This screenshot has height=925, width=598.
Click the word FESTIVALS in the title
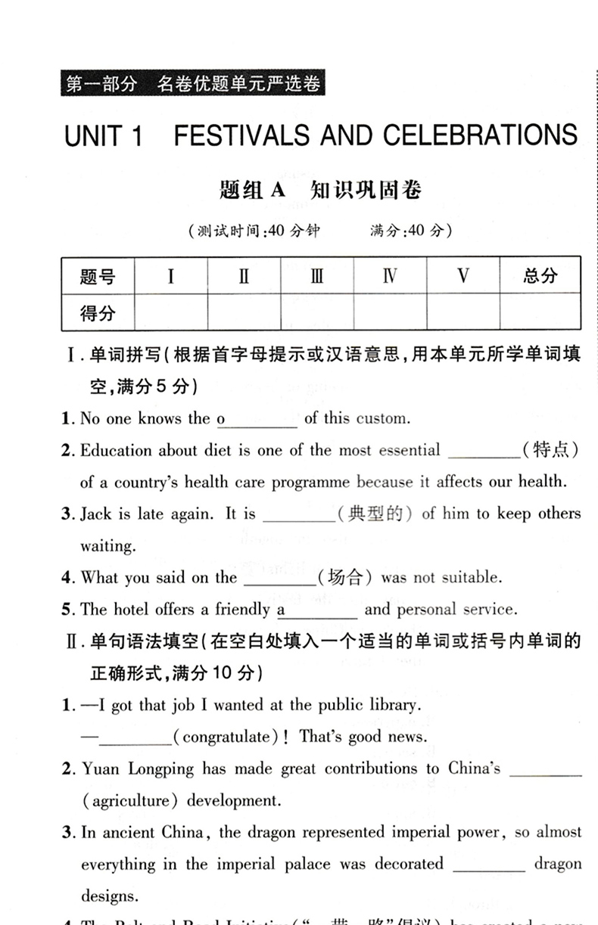241,136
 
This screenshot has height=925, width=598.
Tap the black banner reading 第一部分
190,84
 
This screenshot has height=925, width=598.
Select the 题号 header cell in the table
98,276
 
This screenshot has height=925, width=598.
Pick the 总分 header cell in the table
540,276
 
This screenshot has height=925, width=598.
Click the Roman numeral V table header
463,276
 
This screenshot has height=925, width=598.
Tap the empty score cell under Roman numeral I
170,312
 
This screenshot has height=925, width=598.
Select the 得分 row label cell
98,312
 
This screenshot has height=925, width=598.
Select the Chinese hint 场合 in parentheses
345,578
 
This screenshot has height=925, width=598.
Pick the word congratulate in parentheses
226,737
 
